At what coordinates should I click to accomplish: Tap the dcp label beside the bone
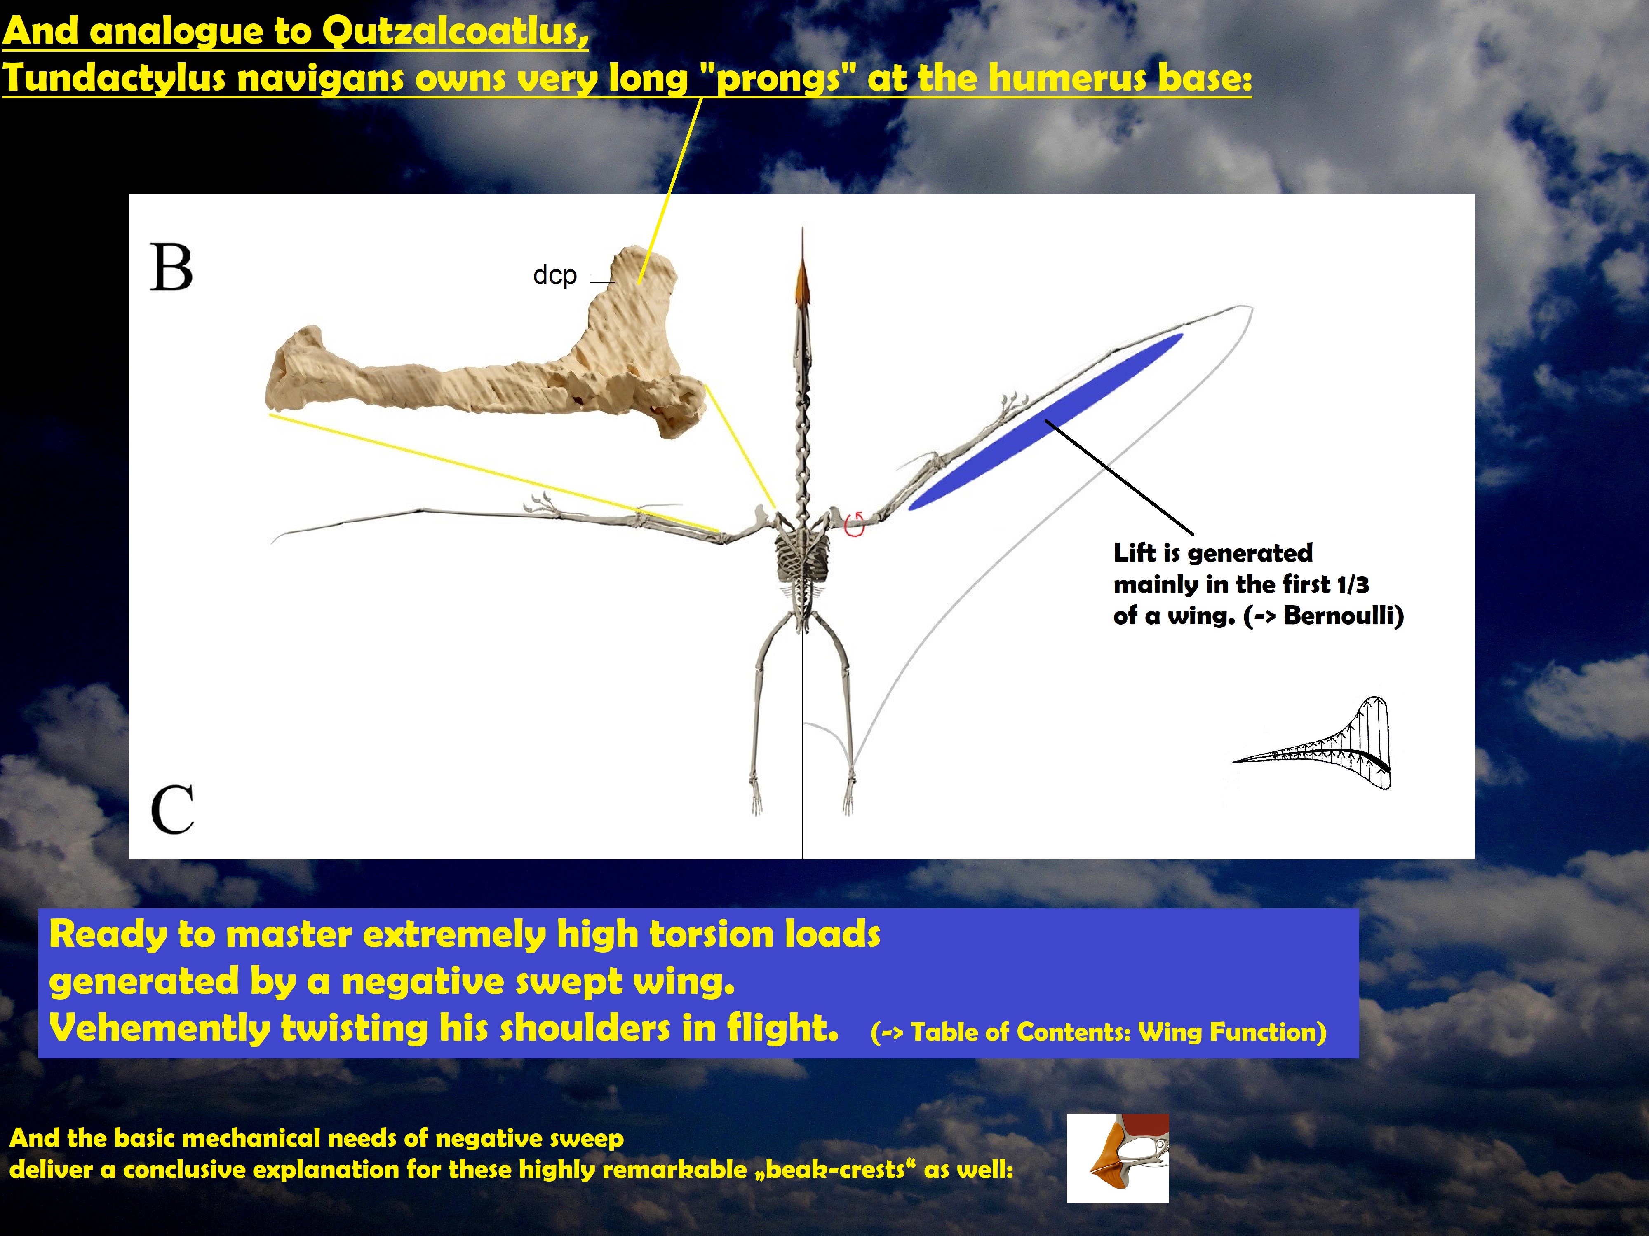tap(554, 276)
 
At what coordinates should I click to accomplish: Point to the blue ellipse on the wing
tap(1045, 422)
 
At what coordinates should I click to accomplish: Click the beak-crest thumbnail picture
tap(1118, 1159)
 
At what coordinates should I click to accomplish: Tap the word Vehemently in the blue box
tap(159, 1029)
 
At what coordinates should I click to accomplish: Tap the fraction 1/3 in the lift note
tap(1353, 585)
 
